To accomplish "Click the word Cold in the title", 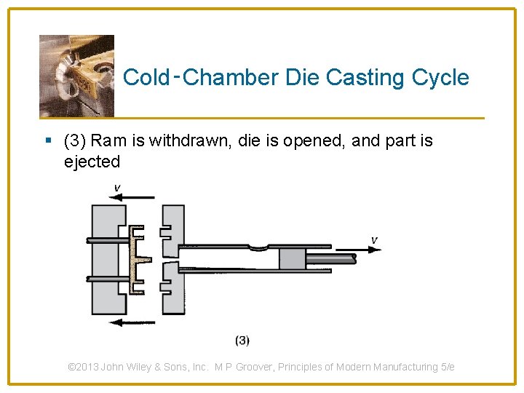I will (146, 77).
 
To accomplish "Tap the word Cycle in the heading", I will (441, 77).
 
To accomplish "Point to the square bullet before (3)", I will (47, 140).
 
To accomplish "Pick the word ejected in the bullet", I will (92, 162).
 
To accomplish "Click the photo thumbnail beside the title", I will (76, 76).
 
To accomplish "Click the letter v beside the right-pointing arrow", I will (374, 239).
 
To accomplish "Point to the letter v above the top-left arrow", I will (117, 188).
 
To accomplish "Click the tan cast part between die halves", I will (137, 259).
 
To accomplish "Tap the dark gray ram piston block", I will (293, 259).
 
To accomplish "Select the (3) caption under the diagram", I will (242, 340).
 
